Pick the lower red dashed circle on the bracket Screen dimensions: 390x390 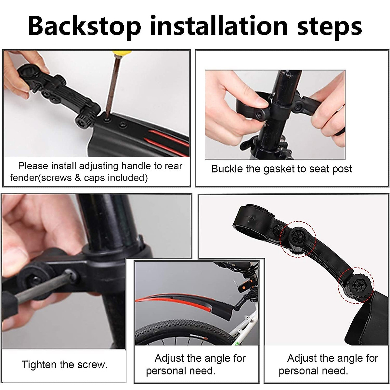(x=356, y=285)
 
